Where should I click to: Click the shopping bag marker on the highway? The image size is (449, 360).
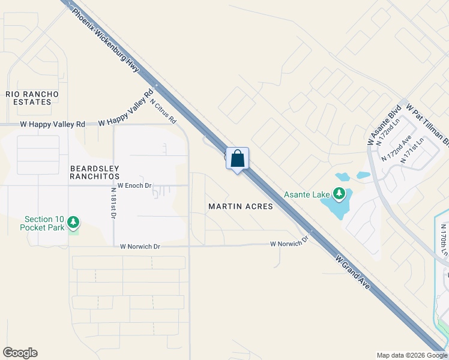coord(238,160)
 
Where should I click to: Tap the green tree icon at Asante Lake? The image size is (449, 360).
coord(340,193)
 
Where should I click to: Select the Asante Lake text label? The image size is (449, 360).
coord(307,194)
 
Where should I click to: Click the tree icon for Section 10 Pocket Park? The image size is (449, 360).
coord(73,223)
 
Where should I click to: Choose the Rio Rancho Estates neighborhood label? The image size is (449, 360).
coord(32,98)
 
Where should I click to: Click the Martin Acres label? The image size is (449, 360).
coord(240,206)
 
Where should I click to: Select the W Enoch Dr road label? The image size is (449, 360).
coord(134,186)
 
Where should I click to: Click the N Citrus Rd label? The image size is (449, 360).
coord(163,111)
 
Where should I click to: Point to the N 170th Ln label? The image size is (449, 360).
coord(444,241)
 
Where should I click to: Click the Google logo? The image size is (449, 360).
coord(20,353)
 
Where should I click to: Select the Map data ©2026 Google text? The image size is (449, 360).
coord(411,355)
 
